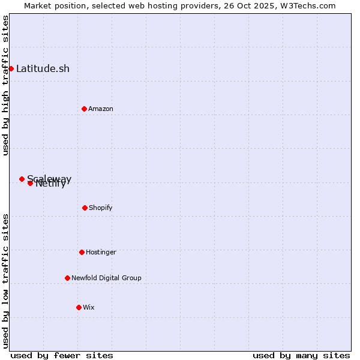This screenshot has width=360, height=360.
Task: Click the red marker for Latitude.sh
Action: (x=11, y=68)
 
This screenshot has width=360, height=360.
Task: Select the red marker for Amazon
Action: (x=84, y=109)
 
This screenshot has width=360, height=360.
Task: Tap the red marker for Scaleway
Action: (x=22, y=179)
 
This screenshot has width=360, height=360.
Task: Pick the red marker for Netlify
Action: (x=30, y=183)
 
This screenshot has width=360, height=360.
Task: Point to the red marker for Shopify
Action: (x=85, y=208)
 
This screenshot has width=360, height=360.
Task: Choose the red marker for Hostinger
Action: (x=82, y=252)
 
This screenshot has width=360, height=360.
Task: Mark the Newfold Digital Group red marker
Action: (x=67, y=278)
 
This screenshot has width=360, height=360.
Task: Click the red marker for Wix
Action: (x=79, y=307)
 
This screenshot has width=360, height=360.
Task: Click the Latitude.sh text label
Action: (x=43, y=68)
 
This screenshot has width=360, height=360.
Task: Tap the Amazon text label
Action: (x=101, y=109)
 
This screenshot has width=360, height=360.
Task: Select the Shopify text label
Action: (x=101, y=208)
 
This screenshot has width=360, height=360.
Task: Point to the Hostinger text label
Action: (x=101, y=252)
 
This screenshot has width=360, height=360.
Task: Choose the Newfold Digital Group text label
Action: (x=106, y=278)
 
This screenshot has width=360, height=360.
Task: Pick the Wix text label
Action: (x=89, y=307)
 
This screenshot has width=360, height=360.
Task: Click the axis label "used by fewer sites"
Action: (x=62, y=355)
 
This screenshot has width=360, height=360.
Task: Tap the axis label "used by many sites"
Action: (x=301, y=355)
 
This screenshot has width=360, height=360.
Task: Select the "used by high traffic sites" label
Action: (x=5, y=85)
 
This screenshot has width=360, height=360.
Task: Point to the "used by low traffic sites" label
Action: (x=5, y=281)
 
